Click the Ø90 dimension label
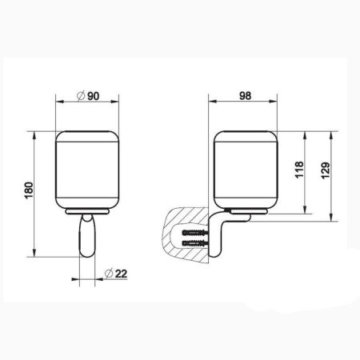[x=89, y=97]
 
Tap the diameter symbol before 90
[x=80, y=97]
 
